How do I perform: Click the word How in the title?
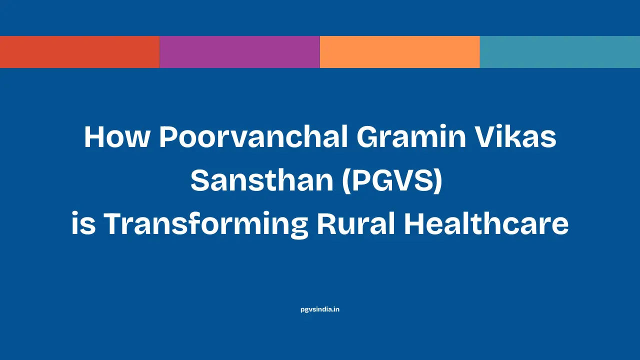point(116,137)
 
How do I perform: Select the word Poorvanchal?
point(253,137)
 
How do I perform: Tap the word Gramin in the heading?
point(408,137)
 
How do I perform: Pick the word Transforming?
point(205,224)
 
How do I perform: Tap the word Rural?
point(355,224)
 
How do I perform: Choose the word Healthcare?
point(486,224)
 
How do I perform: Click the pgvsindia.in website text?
point(320,309)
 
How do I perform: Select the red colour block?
point(79,52)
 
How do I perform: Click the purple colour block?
point(239,52)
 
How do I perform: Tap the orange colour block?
point(399,52)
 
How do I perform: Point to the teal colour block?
point(559,52)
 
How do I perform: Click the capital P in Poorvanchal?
point(168,137)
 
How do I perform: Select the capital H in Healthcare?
point(414,224)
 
